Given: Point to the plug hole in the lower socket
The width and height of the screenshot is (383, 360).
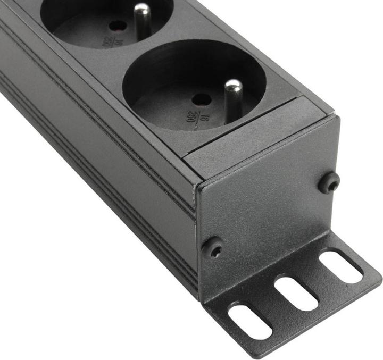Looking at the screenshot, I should coord(201,99).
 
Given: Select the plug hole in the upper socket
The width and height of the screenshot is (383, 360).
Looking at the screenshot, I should coord(117,25).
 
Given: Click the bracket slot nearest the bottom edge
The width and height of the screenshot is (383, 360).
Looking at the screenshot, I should coord(250,321).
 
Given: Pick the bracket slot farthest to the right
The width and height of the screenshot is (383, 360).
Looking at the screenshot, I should coord(341,266).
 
